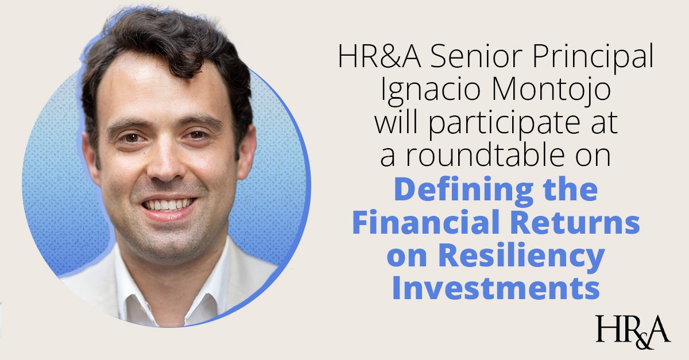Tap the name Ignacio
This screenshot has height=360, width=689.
click(430, 91)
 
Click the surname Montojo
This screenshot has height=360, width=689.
click(552, 91)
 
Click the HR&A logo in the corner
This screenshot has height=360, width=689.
click(633, 332)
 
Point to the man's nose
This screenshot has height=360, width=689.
click(165, 165)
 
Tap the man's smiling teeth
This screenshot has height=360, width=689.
click(169, 204)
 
